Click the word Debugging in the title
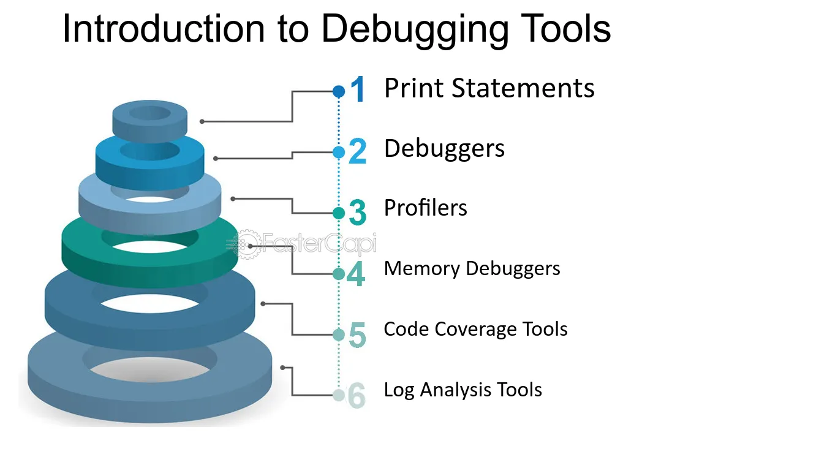[415, 30]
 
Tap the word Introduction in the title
[164, 29]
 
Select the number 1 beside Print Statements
[357, 89]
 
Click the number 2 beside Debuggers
[357, 151]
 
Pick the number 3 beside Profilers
[357, 212]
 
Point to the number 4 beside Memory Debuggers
[356, 273]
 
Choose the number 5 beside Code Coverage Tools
[357, 335]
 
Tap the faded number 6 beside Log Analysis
[357, 395]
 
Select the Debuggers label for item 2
[444, 149]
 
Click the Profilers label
[425, 208]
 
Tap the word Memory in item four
[422, 269]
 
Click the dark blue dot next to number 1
[339, 91]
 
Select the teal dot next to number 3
[339, 213]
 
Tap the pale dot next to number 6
[339, 395]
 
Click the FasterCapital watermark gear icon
[246, 244]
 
